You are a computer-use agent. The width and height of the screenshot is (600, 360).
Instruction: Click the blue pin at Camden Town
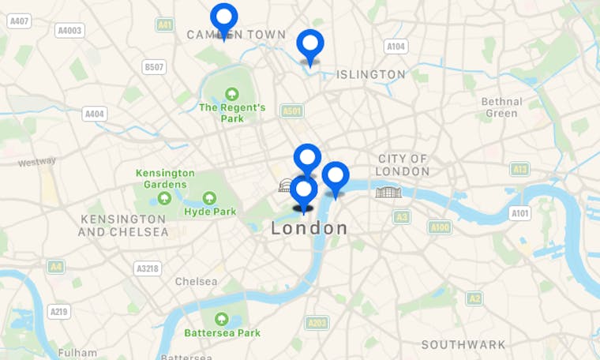[x=224, y=18]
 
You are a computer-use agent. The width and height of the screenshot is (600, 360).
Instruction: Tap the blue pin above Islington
[x=310, y=44]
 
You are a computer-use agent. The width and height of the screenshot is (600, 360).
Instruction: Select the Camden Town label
[x=224, y=35]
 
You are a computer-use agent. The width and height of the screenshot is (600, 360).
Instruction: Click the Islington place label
[x=371, y=74]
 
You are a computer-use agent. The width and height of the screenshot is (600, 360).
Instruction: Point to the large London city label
[x=309, y=228]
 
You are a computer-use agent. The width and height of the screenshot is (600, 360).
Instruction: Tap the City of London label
[x=403, y=165]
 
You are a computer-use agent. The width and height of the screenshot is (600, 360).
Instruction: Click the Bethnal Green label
[x=501, y=107]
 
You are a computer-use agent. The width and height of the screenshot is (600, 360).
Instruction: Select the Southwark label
[x=463, y=344]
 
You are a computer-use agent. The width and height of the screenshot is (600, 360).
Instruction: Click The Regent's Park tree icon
[x=232, y=94]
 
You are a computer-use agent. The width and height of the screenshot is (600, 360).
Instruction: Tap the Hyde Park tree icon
[x=210, y=198]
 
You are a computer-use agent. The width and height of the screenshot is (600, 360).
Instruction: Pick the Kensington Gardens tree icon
[x=165, y=198]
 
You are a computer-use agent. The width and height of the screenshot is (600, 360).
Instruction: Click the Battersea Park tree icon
[x=222, y=319]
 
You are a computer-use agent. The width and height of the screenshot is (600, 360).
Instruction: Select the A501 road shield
[x=292, y=111]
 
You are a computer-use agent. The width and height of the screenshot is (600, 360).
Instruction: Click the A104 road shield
[x=396, y=47]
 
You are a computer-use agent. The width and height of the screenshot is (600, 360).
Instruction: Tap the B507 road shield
[x=154, y=67]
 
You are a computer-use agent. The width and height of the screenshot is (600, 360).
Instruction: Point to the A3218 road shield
[x=147, y=268]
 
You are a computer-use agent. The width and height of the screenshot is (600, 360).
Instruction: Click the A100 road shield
[x=440, y=227]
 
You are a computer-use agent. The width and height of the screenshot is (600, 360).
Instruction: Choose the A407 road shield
[x=19, y=21]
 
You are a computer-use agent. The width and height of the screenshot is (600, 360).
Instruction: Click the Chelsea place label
[x=196, y=282]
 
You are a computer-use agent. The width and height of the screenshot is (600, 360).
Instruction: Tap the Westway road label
[x=37, y=162]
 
